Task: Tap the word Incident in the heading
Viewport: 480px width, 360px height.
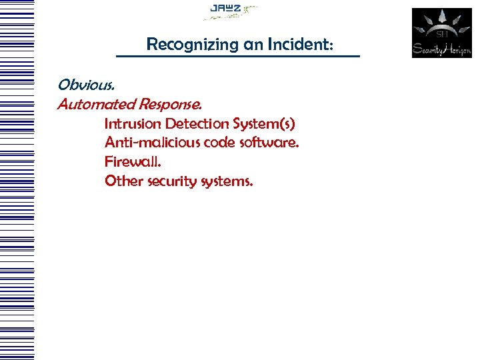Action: [x=299, y=45]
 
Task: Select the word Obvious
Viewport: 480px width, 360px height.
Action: [x=85, y=85]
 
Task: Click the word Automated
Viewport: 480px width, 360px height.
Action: [x=96, y=105]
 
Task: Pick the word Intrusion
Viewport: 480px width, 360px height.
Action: [x=133, y=124]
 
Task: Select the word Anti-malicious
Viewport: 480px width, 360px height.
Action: [x=145, y=143]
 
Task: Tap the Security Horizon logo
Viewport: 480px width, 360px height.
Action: [x=441, y=33]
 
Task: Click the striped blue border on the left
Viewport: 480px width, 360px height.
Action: [x=16, y=180]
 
